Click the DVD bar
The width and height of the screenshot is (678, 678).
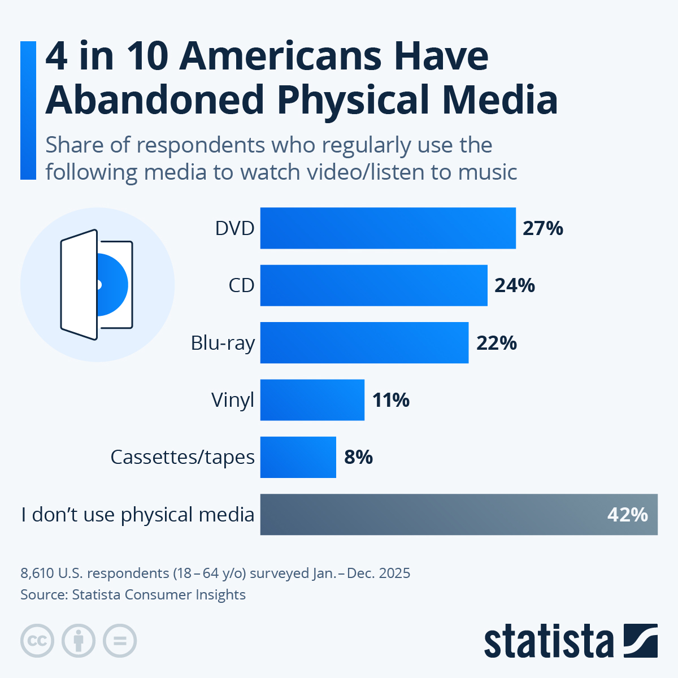[388, 228]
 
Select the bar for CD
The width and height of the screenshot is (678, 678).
[373, 285]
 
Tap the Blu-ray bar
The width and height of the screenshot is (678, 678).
[364, 343]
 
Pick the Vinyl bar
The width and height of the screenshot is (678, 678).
[312, 400]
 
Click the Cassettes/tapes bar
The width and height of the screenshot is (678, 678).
[298, 457]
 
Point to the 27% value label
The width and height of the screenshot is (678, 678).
[542, 228]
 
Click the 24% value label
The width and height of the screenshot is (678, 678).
[514, 285]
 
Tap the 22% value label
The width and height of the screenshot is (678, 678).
[496, 343]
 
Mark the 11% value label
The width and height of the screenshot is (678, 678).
[390, 400]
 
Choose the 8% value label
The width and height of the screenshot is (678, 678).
[358, 457]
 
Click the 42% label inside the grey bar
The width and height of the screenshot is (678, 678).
[627, 514]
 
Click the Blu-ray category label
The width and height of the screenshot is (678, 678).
[223, 343]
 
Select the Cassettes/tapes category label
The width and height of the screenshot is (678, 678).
[182, 457]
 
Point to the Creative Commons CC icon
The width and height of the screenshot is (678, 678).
[37, 641]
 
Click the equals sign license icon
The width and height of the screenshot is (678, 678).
[120, 641]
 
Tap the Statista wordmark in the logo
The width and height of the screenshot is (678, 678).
[548, 642]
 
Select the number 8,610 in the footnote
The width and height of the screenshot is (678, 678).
[37, 573]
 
